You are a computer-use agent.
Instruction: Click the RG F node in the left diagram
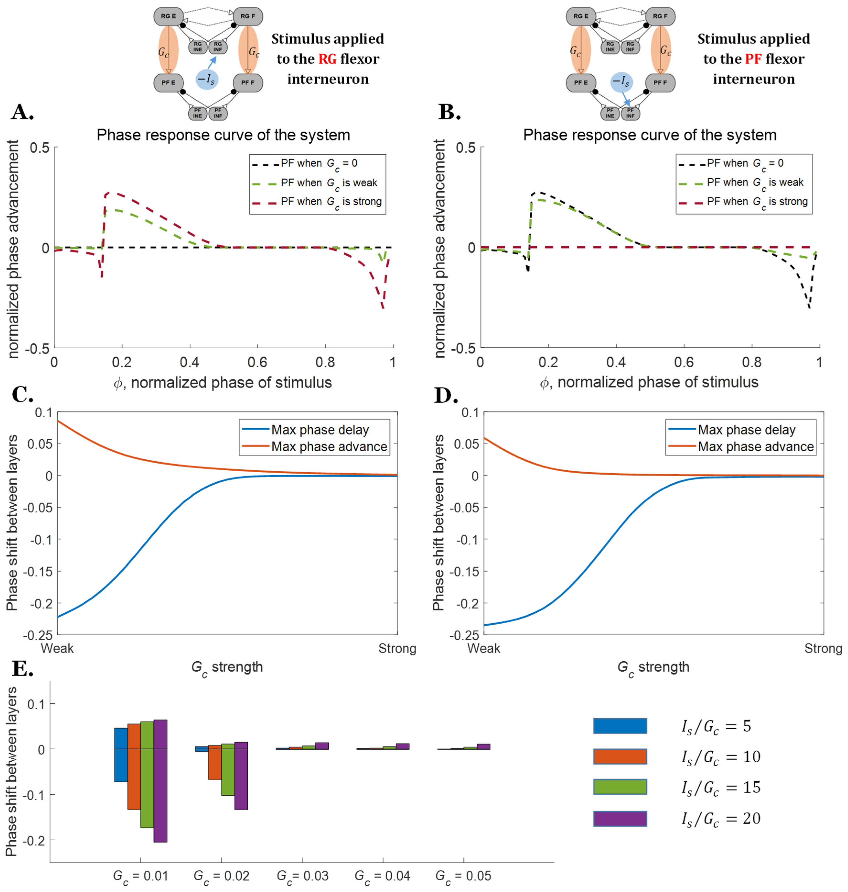[248, 16]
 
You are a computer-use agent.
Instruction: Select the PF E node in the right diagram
[581, 83]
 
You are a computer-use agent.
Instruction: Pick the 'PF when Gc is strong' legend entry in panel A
[331, 202]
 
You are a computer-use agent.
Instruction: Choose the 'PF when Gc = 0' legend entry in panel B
[745, 163]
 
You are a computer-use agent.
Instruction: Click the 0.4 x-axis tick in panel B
[616, 362]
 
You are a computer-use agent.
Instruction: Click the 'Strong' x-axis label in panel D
[823, 649]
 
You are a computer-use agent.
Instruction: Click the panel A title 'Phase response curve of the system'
[223, 135]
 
